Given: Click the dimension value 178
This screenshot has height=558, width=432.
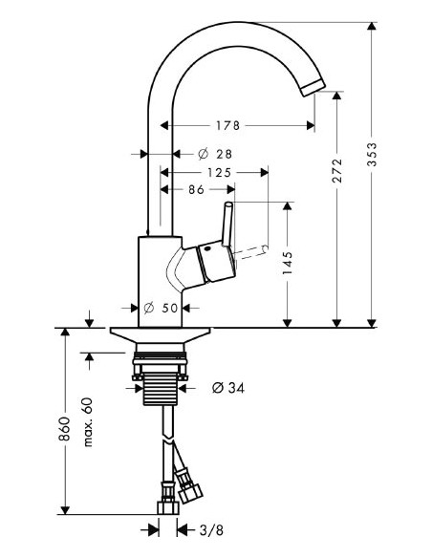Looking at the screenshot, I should coord(226,125).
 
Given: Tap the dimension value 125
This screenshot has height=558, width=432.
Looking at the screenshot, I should coord(219,173).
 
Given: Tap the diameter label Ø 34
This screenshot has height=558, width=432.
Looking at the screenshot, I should coord(224,387).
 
